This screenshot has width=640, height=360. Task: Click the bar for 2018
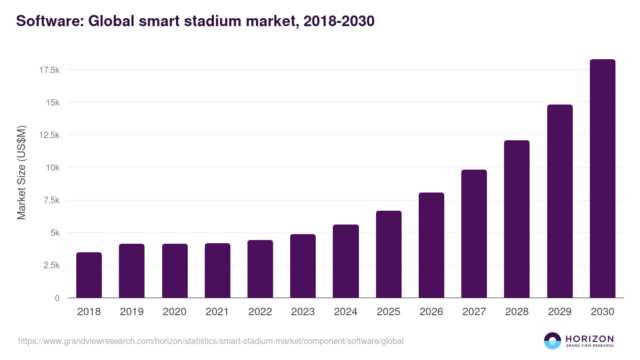(x=89, y=275)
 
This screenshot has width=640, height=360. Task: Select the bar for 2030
(x=602, y=179)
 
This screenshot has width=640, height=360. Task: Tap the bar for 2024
(x=346, y=261)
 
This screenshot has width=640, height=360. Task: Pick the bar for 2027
(x=474, y=234)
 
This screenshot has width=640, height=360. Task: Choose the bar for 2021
(x=218, y=270)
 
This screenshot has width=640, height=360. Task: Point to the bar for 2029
(x=559, y=201)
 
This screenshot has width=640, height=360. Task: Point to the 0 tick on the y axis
(x=57, y=298)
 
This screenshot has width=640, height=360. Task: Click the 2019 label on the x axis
(x=132, y=312)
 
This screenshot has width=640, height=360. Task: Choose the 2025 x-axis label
(x=388, y=312)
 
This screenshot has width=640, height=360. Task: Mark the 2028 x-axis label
(x=517, y=312)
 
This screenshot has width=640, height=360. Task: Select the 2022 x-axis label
(x=260, y=312)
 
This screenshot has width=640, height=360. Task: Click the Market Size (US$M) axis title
(x=21, y=173)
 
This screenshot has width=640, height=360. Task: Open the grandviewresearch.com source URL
(x=211, y=341)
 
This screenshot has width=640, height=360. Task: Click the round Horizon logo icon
(x=553, y=341)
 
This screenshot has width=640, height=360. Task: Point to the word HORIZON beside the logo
(x=589, y=339)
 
